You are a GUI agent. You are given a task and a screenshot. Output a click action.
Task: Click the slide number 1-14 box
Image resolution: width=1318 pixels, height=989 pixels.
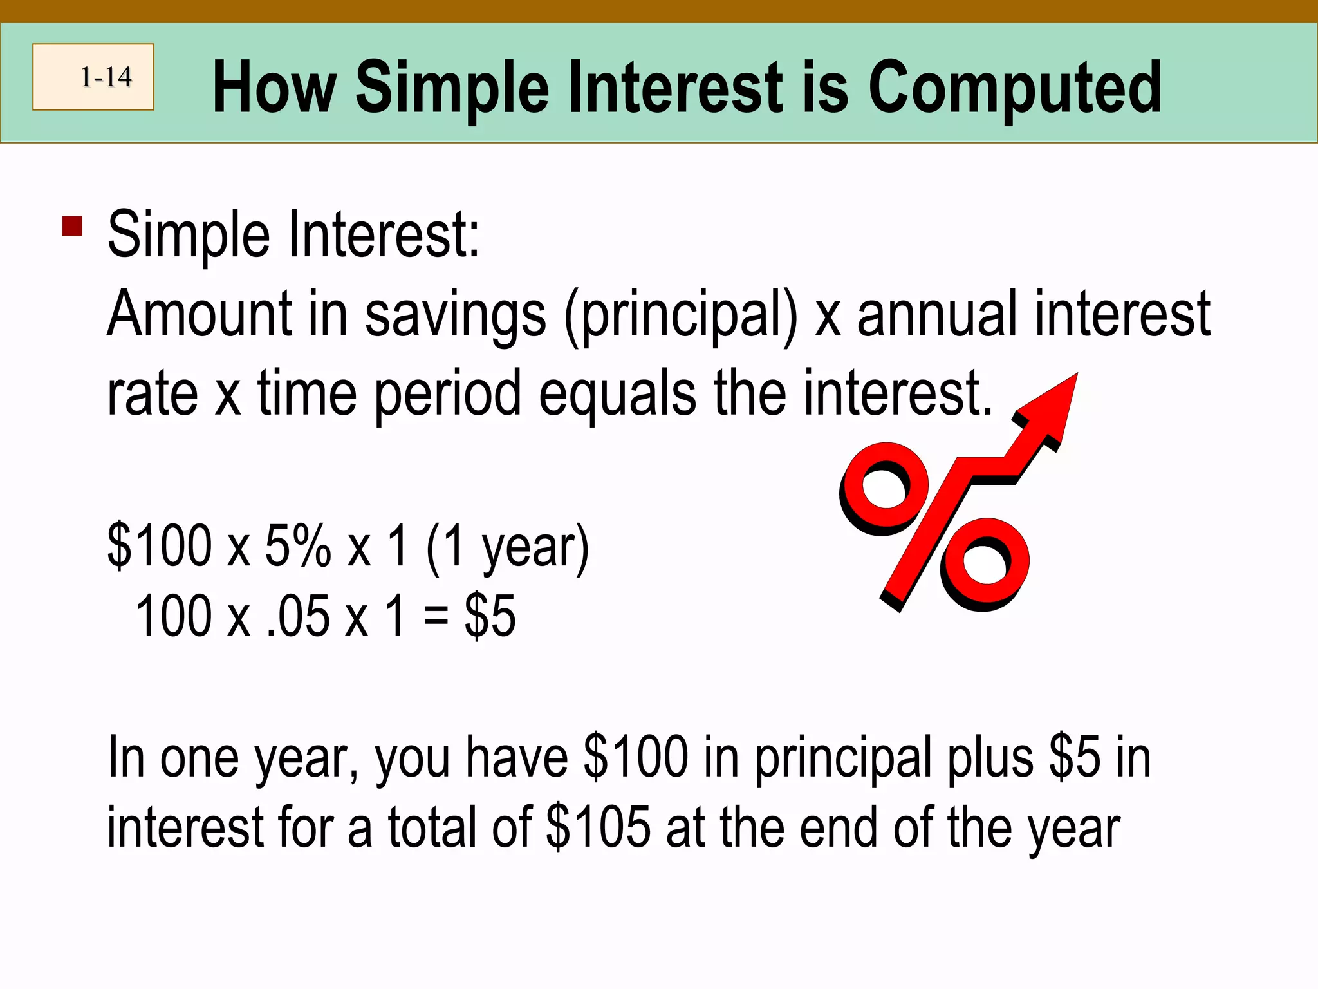click(93, 77)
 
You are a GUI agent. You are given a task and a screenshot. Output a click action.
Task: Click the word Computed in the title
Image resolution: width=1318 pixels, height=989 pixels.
click(1015, 88)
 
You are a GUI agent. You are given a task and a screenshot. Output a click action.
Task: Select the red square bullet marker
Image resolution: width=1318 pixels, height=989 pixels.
click(72, 227)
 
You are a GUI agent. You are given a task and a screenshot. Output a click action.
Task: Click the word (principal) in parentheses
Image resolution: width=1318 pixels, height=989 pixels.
click(680, 316)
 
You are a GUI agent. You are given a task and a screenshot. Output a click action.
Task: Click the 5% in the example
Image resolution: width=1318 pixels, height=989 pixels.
click(298, 546)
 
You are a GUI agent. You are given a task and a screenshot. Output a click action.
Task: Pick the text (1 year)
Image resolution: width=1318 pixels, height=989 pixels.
click(507, 547)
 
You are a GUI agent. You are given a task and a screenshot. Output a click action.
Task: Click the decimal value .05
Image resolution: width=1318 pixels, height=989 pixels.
click(298, 617)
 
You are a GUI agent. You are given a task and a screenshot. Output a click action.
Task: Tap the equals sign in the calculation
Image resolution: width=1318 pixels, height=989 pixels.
click(436, 617)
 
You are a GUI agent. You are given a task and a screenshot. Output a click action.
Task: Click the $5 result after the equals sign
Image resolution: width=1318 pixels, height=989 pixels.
click(490, 617)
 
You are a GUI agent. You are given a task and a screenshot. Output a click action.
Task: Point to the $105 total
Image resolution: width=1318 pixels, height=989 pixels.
click(598, 827)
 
